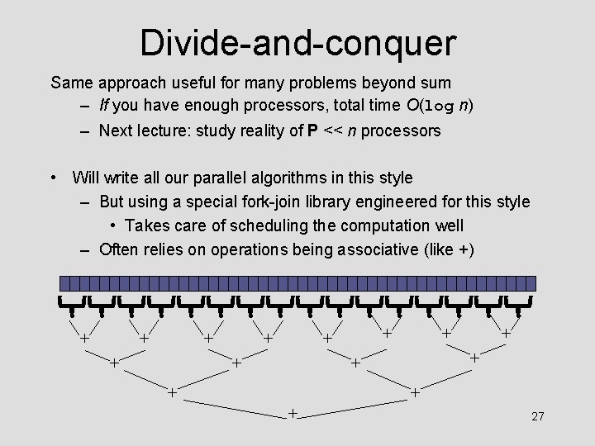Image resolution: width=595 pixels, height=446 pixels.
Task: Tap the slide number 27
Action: [x=537, y=416]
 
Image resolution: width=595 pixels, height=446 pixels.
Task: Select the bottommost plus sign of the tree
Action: [x=293, y=412]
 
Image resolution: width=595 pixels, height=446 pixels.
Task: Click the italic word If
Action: [x=104, y=106]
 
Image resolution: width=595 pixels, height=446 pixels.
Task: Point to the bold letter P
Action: [x=312, y=130]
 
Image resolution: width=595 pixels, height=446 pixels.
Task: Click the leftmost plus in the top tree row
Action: [x=83, y=338]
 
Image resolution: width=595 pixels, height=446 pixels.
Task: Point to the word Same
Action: [x=72, y=83]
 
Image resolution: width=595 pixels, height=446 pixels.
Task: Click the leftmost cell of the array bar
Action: [x=64, y=282]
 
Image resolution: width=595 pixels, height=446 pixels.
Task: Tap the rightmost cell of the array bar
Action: [x=531, y=282]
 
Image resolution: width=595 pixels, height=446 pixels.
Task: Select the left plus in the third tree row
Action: [x=172, y=391]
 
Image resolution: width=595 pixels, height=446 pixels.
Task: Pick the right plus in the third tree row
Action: [x=415, y=391]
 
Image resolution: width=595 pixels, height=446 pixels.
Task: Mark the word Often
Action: [x=118, y=249]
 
